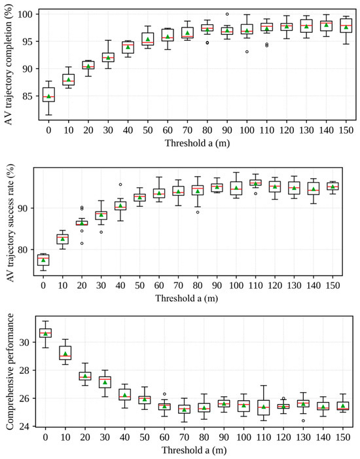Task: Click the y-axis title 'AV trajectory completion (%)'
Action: [9, 65]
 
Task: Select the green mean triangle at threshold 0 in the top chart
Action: [49, 96]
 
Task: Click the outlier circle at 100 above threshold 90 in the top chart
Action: [227, 14]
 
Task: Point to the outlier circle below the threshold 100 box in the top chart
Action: [247, 52]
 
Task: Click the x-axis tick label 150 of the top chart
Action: [346, 130]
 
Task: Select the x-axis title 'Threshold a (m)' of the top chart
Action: [197, 143]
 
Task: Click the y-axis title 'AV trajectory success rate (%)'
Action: [10, 223]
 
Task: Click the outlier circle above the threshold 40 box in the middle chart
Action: [120, 185]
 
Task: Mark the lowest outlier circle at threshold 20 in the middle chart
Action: [82, 244]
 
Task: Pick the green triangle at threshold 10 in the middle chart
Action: [62, 239]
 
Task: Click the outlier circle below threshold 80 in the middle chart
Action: [198, 212]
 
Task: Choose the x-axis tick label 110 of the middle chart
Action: [255, 285]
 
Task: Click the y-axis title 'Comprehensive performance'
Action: [10, 372]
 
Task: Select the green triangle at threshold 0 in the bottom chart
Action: [45, 333]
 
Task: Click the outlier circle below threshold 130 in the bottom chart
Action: [303, 420]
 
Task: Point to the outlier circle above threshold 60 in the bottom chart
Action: [164, 394]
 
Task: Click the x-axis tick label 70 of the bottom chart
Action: [184, 437]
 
